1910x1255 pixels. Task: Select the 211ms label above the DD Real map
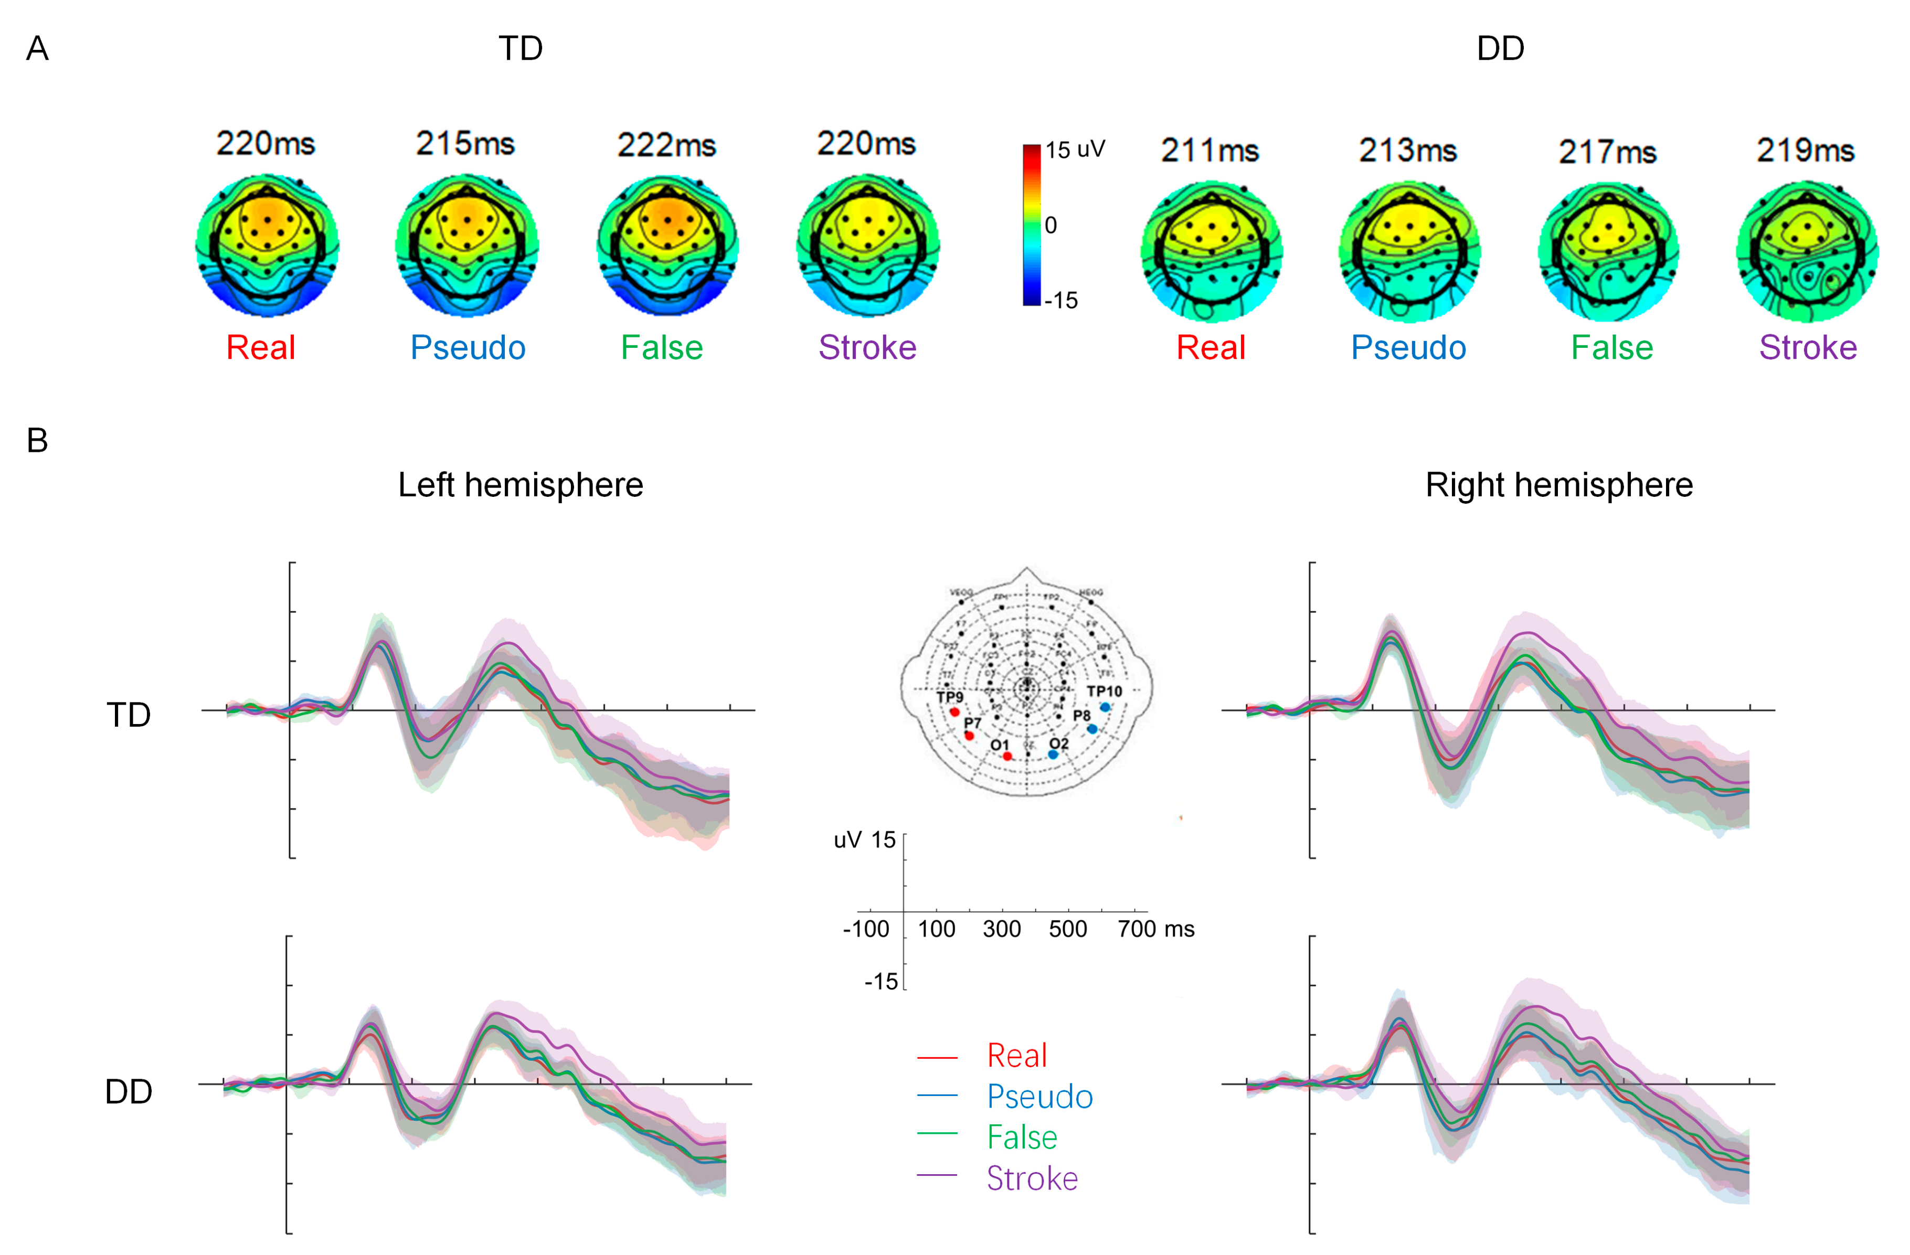1209,150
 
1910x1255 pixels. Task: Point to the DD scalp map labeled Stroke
1807,251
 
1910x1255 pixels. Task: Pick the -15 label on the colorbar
1061,300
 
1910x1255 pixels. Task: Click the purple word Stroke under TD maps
867,347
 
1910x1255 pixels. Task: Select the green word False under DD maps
1611,347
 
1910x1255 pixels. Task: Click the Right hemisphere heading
1558,485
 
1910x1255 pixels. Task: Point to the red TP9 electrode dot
954,712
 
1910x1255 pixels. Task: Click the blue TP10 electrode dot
1105,707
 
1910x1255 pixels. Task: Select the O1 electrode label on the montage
999,745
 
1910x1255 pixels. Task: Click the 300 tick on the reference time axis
1002,929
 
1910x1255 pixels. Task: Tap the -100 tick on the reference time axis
866,929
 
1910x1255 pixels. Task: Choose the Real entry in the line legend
1017,1055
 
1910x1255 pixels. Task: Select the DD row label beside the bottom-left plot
129,1091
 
